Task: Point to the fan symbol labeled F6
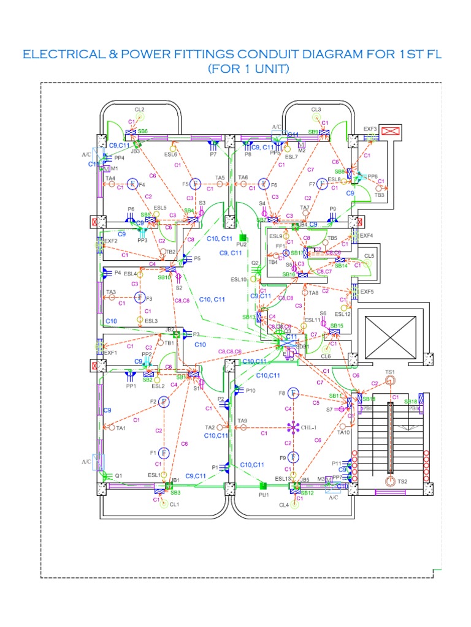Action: point(264,184)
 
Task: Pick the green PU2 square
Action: point(243,237)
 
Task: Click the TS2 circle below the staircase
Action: point(391,482)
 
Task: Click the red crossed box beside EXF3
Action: point(390,130)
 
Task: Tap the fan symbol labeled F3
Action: point(140,298)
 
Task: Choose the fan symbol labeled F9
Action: point(294,457)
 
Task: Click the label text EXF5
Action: point(367,292)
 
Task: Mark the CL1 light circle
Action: point(163,505)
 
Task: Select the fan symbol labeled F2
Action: point(164,402)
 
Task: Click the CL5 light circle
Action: point(369,264)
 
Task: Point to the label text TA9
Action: point(242,421)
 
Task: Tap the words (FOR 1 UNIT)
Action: point(248,69)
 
